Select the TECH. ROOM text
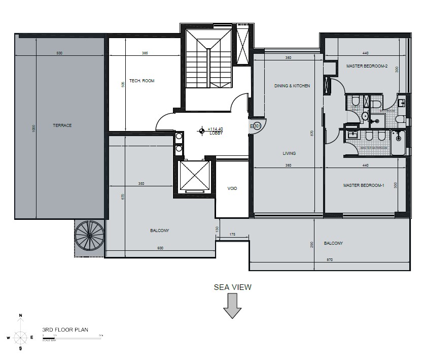click(142, 81)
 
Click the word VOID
click(232, 188)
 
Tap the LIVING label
click(290, 153)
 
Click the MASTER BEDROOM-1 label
click(364, 186)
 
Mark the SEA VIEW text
click(232, 287)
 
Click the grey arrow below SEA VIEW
click(232, 306)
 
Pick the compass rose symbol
click(21, 337)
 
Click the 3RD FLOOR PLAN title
click(65, 330)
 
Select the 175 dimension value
click(233, 234)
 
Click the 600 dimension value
click(160, 248)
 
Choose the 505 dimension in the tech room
click(123, 84)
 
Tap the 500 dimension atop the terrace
click(59, 53)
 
